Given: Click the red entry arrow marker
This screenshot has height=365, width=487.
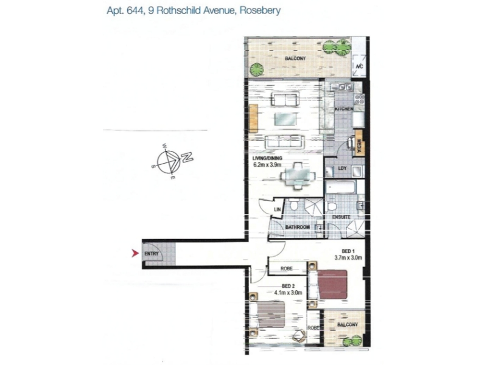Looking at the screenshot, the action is pos(135,253).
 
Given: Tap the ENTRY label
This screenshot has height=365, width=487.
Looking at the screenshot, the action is pos(152,254).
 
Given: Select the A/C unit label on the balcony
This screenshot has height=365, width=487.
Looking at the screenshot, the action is pos(359,66).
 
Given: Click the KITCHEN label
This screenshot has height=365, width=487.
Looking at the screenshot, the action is pos(344,109).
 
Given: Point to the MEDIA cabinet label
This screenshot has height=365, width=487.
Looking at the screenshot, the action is pos(359,147).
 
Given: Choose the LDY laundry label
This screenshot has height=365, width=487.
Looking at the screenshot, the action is pos(342,169).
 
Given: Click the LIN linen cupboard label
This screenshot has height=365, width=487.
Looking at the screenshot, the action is pos(278,209).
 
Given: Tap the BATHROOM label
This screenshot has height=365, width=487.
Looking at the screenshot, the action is pos(298,227).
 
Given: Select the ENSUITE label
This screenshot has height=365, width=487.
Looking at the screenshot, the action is pos(342,217).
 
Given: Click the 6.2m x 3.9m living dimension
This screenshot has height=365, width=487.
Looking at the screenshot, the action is pos(267,164).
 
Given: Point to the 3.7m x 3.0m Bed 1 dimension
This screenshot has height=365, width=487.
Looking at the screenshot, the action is pos(348,257).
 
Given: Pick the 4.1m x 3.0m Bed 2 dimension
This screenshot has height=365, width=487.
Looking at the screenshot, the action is pos(288,292).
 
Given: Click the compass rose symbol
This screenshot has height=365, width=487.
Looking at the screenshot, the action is pos(169,162).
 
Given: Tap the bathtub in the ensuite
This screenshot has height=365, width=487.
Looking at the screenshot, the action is pos(341,187).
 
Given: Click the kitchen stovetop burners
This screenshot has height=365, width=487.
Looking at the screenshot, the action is pos(360,99).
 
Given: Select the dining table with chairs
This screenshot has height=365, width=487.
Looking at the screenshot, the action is pos(298,176).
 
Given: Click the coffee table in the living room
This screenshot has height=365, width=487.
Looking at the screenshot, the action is pos(286,119).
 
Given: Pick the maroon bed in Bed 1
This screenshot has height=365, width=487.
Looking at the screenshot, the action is pos(332,285).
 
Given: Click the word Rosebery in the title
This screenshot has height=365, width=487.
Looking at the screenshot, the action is pos(261,10).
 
